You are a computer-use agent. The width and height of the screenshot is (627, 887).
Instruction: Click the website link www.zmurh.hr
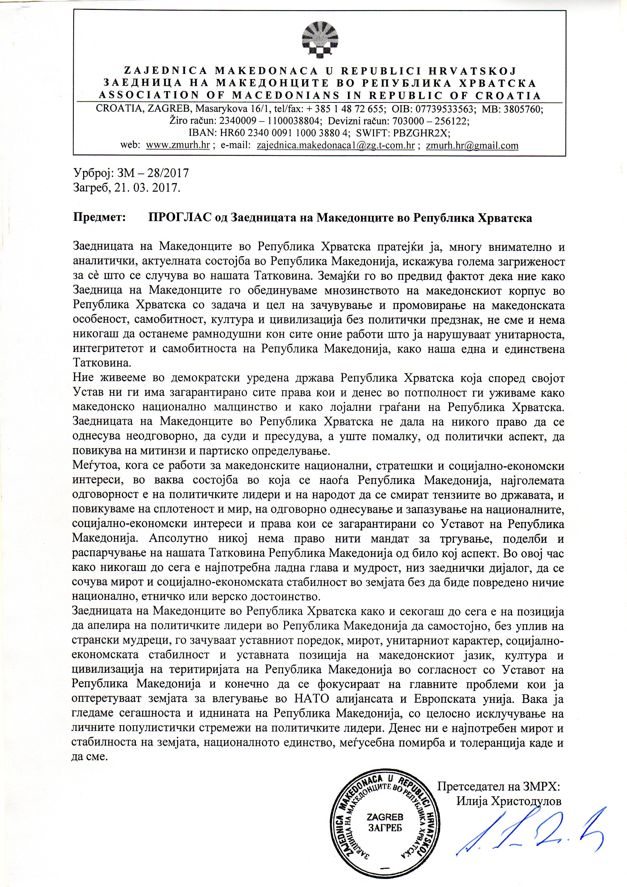(177, 146)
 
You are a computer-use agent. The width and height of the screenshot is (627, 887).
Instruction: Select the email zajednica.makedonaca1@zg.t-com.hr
(336, 146)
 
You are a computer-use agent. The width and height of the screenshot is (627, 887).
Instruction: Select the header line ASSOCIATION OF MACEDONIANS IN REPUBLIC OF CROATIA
(320, 95)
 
